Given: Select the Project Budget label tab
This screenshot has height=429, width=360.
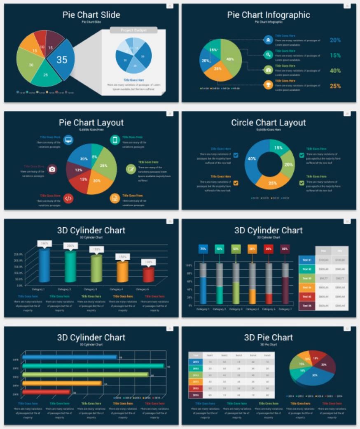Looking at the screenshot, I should pyautogui.click(x=133, y=30).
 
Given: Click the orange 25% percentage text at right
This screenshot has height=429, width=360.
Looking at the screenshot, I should pyautogui.click(x=335, y=86).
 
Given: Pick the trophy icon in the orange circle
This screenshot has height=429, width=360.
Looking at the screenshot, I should pyautogui.click(x=268, y=85).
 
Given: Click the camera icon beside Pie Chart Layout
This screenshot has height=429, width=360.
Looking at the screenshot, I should pyautogui.click(x=52, y=169).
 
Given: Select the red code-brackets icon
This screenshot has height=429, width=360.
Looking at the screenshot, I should pyautogui.click(x=68, y=198).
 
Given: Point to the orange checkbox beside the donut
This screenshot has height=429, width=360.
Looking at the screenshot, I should pyautogui.click(x=236, y=183).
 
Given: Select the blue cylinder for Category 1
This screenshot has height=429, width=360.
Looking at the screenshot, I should pyautogui.click(x=44, y=264).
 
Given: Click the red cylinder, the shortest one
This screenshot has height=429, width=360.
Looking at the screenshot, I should pyautogui.click(x=148, y=275).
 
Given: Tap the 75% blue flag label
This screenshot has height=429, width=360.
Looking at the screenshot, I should pyautogui.click(x=203, y=249).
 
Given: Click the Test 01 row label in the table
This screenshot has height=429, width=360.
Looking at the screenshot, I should pyautogui.click(x=307, y=260).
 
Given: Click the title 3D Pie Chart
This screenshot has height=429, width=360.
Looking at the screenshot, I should pyautogui.click(x=269, y=337).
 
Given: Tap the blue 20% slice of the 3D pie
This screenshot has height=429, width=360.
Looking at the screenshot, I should pyautogui.click(x=314, y=375).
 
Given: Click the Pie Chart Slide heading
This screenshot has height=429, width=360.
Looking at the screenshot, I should pyautogui.click(x=91, y=15).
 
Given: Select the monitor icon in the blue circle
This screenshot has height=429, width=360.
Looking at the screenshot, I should pyautogui.click(x=68, y=140).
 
